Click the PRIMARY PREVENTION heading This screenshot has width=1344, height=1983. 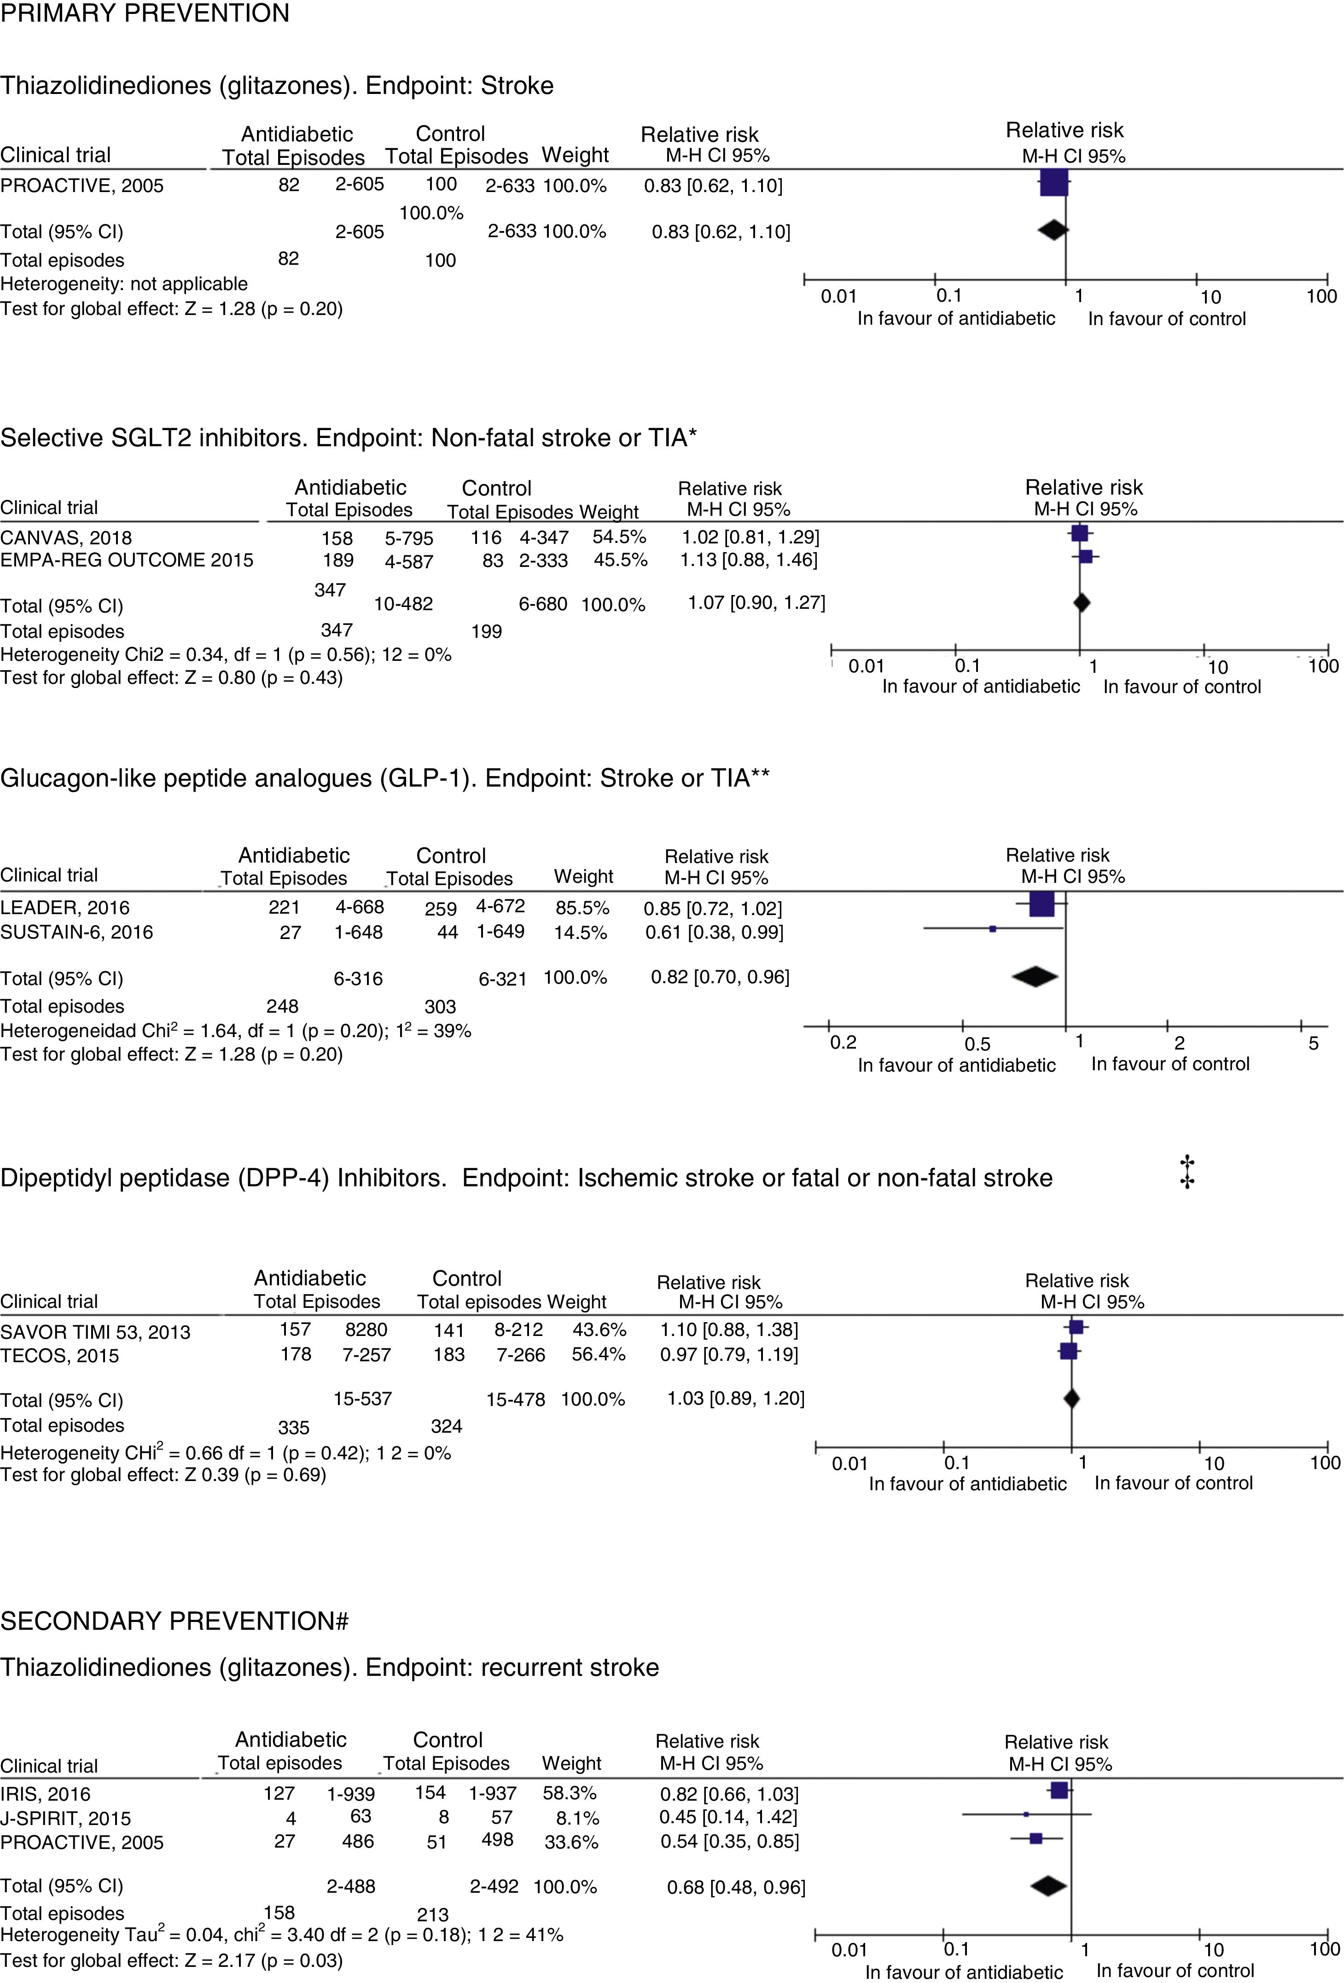point(145,14)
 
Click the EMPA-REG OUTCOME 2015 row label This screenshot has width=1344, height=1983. point(126,560)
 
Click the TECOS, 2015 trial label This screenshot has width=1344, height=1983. point(60,1356)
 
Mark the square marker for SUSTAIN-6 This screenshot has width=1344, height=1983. point(992,928)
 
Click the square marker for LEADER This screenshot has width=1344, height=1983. point(1042,904)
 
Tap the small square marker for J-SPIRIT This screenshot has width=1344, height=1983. point(1026,1814)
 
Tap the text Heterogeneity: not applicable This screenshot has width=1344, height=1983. point(124,284)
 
